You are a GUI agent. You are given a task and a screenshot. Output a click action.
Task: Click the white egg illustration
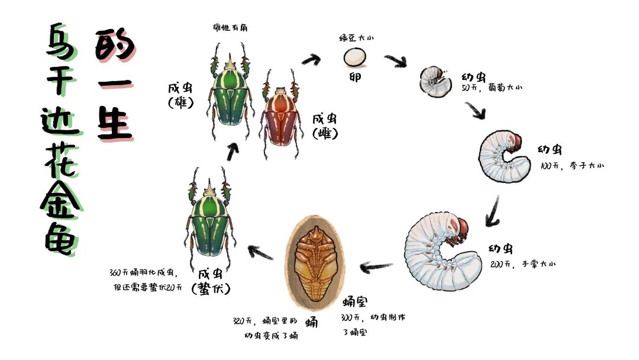point(355,57)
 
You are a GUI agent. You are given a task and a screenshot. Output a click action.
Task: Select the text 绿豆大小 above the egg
point(356,38)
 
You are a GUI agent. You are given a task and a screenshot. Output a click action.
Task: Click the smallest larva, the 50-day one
point(435,81)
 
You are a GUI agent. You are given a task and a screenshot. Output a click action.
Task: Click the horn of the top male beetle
point(230,63)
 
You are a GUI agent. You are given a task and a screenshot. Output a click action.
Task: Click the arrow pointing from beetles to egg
point(311,59)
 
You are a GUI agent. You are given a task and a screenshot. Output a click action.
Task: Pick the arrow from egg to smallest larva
point(395,60)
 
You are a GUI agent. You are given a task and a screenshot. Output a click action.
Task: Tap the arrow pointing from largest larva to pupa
point(376,268)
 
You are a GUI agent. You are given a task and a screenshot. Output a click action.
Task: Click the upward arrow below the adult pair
point(233,152)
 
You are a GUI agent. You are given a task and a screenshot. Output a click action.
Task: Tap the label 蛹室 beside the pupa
point(356,302)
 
